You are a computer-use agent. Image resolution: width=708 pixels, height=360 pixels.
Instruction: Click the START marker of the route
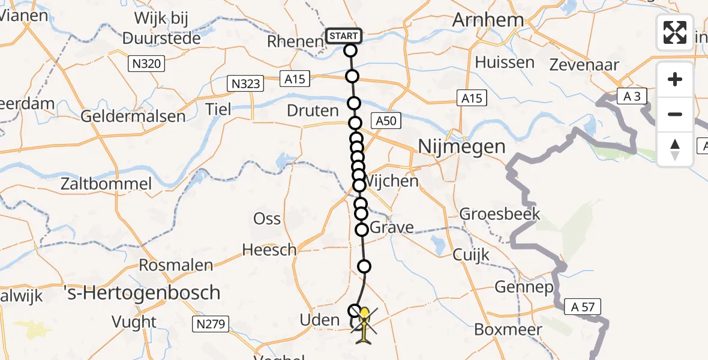344,36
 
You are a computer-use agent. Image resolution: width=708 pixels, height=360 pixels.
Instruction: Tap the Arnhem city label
488,20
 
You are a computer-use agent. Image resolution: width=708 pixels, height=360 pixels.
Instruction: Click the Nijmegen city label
461,146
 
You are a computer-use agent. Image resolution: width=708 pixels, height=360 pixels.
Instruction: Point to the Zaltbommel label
106,184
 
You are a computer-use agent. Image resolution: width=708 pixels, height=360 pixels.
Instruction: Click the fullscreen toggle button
675,32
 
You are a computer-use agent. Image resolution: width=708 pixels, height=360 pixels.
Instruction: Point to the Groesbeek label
500,214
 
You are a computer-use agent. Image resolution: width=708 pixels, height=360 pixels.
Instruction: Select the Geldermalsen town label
133,116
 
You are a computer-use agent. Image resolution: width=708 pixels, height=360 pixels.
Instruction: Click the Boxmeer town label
508,329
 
